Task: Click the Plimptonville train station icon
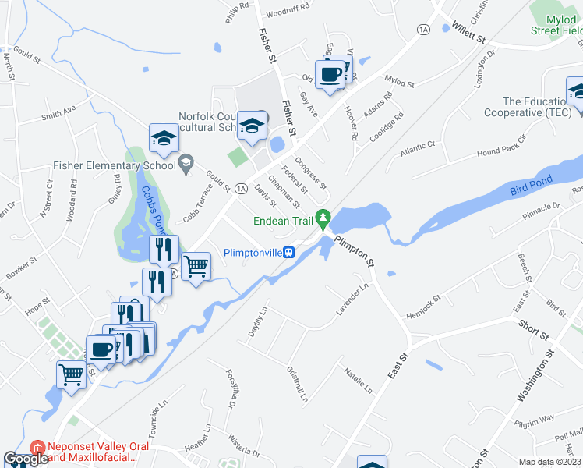(x=288, y=253)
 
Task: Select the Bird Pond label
(x=532, y=186)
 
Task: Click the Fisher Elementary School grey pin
(x=185, y=164)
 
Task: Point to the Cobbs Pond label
(x=154, y=214)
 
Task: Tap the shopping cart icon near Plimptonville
(x=196, y=266)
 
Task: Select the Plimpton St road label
(x=355, y=251)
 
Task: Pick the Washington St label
(x=535, y=376)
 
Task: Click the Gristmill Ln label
(x=297, y=385)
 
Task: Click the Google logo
(x=26, y=459)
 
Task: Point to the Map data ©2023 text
(x=549, y=462)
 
